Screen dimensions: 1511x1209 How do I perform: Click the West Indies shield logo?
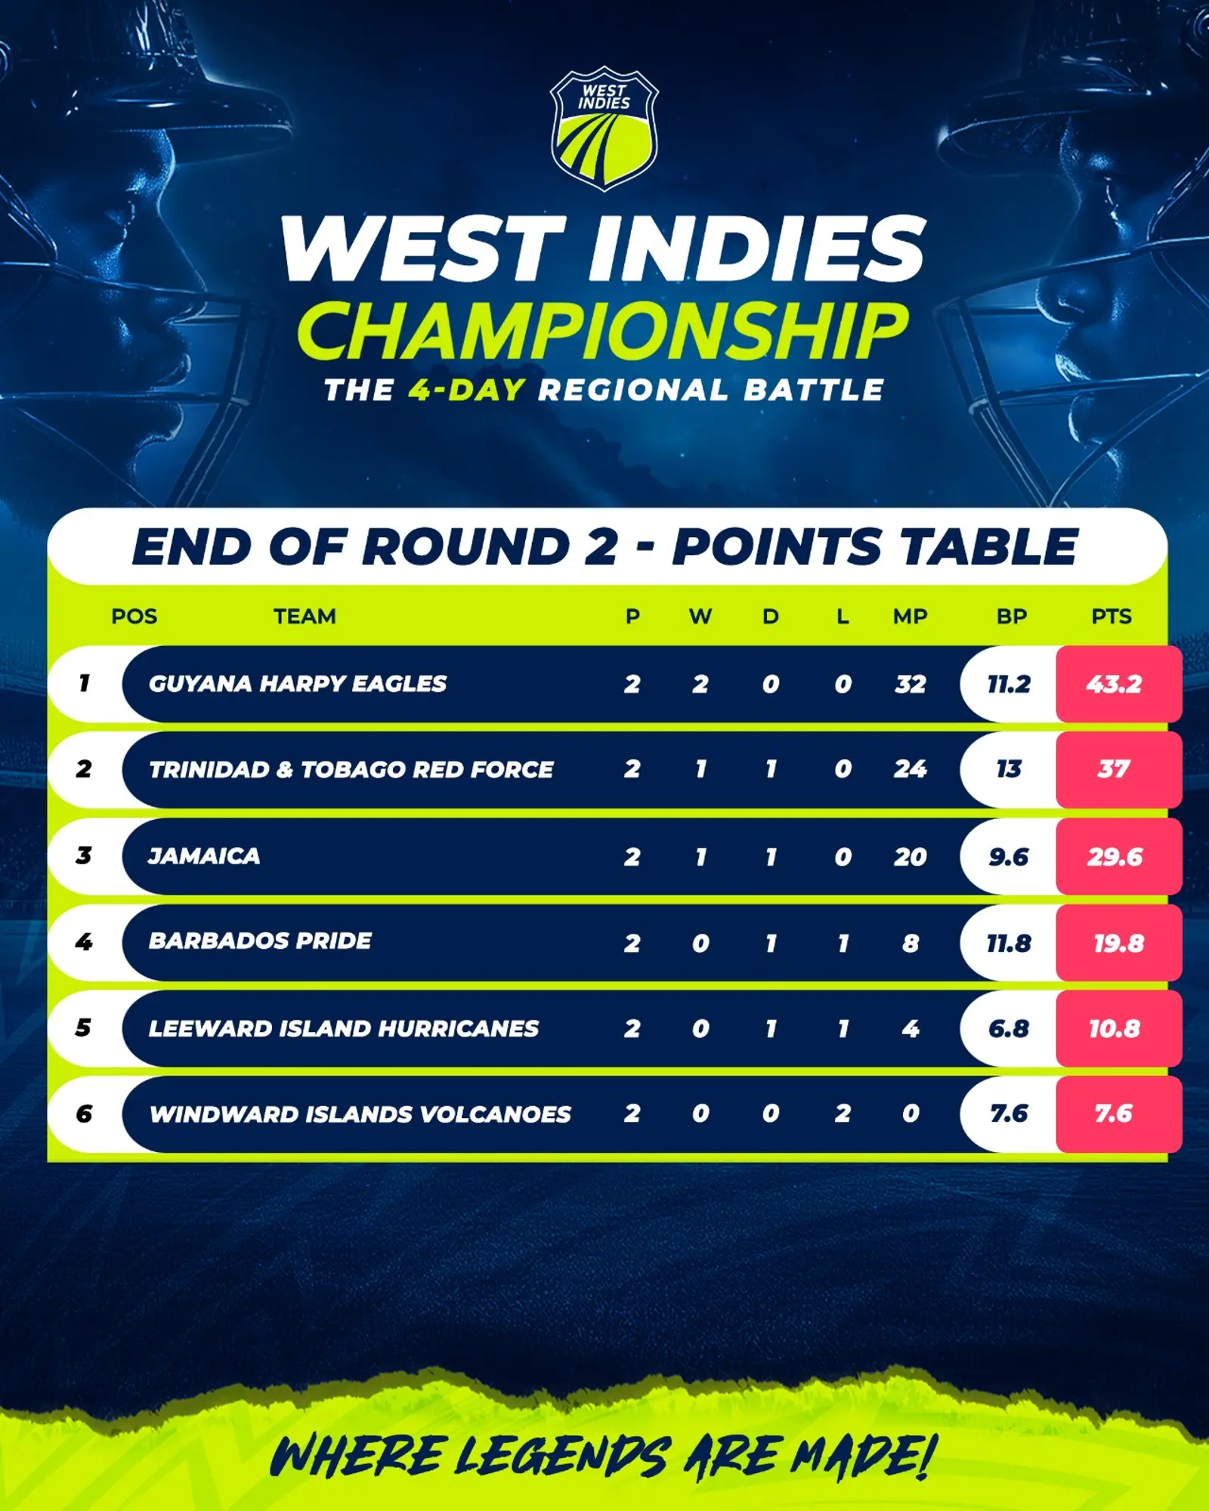(x=604, y=128)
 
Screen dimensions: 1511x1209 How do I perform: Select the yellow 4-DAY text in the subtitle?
(x=466, y=390)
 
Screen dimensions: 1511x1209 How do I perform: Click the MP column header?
(x=910, y=616)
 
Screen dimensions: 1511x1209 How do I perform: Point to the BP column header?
(x=1011, y=616)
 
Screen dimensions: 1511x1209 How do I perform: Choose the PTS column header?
(x=1111, y=616)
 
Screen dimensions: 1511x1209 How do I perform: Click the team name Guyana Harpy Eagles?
(x=297, y=684)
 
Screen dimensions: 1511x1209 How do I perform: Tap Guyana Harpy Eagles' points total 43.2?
(x=1114, y=684)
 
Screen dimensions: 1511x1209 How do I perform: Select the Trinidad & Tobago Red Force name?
(x=351, y=769)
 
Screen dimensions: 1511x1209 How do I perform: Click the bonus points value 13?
(x=1008, y=769)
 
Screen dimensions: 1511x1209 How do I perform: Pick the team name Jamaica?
(x=203, y=856)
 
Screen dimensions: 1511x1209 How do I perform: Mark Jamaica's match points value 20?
(x=910, y=857)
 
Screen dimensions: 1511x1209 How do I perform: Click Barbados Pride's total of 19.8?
(x=1118, y=943)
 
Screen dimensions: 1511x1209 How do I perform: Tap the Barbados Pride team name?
(x=260, y=941)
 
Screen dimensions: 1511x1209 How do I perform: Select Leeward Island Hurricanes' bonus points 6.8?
(x=1008, y=1028)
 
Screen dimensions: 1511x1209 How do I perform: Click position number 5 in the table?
(x=83, y=1027)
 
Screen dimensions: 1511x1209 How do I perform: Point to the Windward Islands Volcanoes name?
(x=360, y=1114)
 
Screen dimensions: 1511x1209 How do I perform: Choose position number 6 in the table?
(x=84, y=1114)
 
